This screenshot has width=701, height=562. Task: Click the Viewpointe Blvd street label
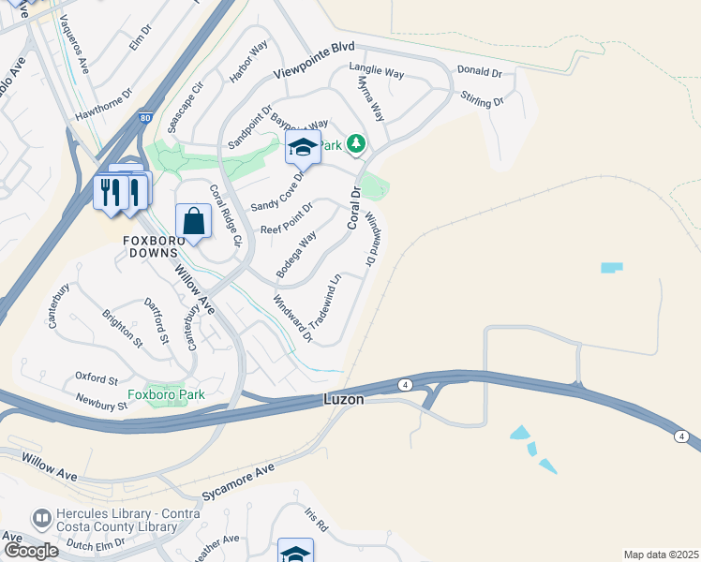click(315, 61)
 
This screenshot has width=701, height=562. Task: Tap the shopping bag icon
click(193, 222)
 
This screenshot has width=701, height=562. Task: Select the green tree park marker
click(355, 144)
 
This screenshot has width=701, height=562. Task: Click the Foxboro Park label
click(166, 394)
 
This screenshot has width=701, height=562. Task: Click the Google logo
click(31, 551)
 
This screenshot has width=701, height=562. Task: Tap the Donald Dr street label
click(479, 71)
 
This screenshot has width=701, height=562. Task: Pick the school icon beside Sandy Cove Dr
click(303, 147)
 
